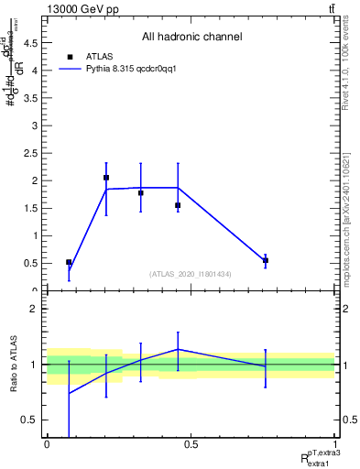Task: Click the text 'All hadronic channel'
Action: [191, 37]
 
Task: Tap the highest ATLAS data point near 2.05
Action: [106, 178]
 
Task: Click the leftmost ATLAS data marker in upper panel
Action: [69, 262]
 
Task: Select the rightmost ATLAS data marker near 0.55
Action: [266, 260]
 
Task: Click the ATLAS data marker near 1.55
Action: [178, 205]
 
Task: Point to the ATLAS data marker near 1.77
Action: [140, 193]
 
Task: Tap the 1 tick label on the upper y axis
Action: [36, 235]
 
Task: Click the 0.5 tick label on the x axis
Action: [191, 442]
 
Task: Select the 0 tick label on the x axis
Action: [47, 442]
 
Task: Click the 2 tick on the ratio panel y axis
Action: [36, 310]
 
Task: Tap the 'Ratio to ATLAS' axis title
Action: [14, 365]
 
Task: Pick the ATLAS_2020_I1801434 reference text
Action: [191, 274]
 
